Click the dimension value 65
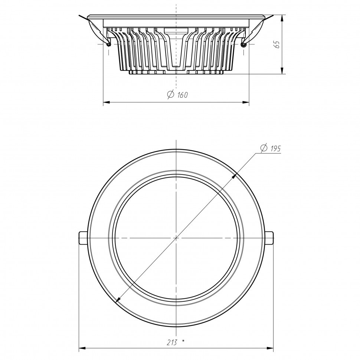[x=277, y=45]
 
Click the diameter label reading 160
[x=183, y=95]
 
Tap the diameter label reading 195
[x=275, y=149]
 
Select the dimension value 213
[x=171, y=343]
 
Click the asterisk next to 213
[x=183, y=341]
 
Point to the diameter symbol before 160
[x=171, y=95]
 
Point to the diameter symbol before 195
[x=264, y=148]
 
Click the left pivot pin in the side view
[x=109, y=44]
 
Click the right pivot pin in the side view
[x=243, y=44]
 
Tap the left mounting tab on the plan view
[x=84, y=238]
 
